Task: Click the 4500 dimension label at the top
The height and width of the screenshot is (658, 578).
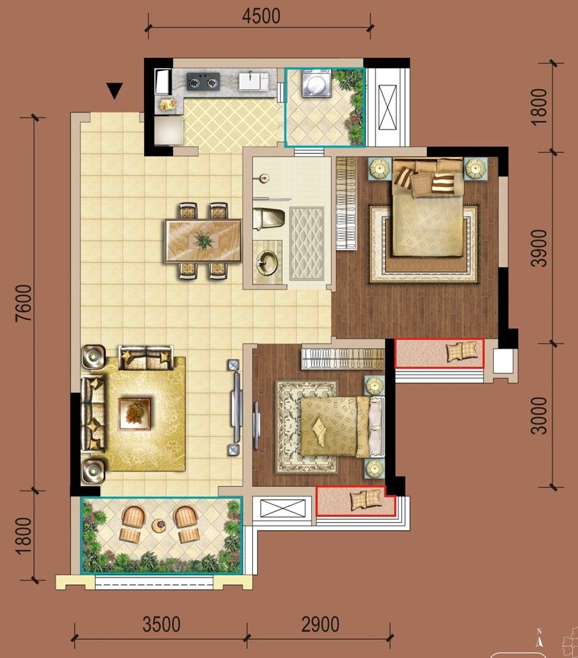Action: [x=261, y=16]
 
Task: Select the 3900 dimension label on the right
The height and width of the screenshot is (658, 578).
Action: [x=539, y=248]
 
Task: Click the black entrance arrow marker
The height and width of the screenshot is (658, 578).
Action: [x=115, y=91]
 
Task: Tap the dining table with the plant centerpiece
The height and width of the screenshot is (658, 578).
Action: [x=203, y=241]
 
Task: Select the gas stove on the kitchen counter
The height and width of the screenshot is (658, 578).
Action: [x=203, y=81]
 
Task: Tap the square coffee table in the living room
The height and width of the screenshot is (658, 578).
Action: [x=135, y=411]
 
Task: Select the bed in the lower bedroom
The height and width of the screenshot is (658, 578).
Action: [x=335, y=426]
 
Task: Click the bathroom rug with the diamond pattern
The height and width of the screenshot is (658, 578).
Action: [x=307, y=243]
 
